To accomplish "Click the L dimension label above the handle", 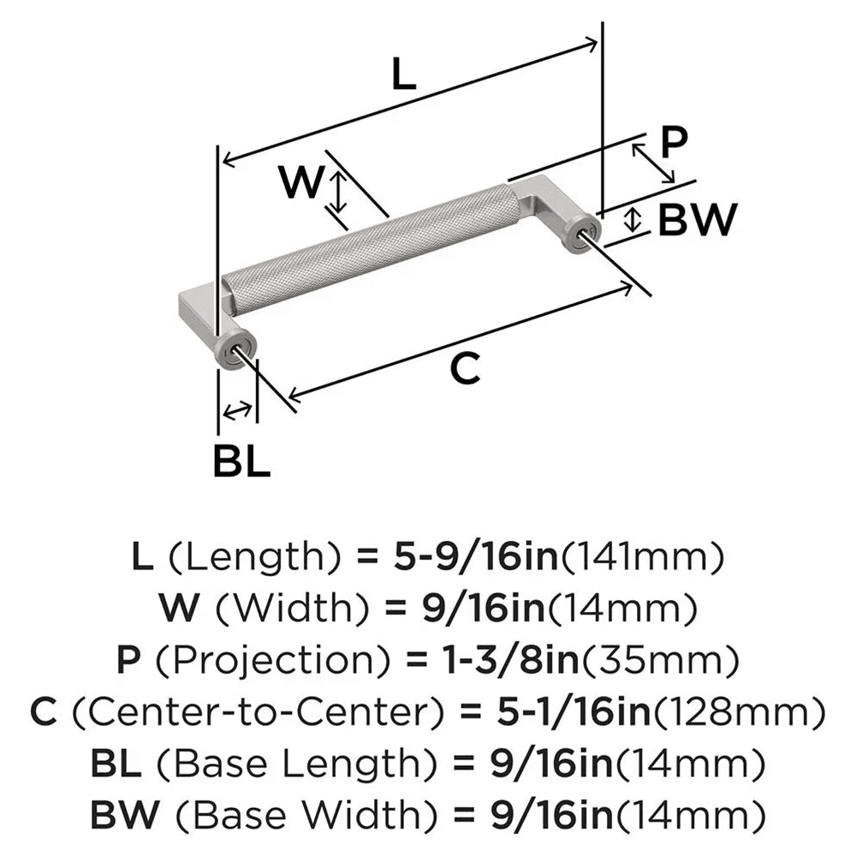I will click(402, 75).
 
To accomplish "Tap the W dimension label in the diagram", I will click(302, 181).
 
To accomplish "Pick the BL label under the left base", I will click(241, 462).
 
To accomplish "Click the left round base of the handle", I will click(234, 347).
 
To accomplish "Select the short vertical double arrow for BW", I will click(632, 218).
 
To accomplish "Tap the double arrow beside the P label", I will click(653, 164).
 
